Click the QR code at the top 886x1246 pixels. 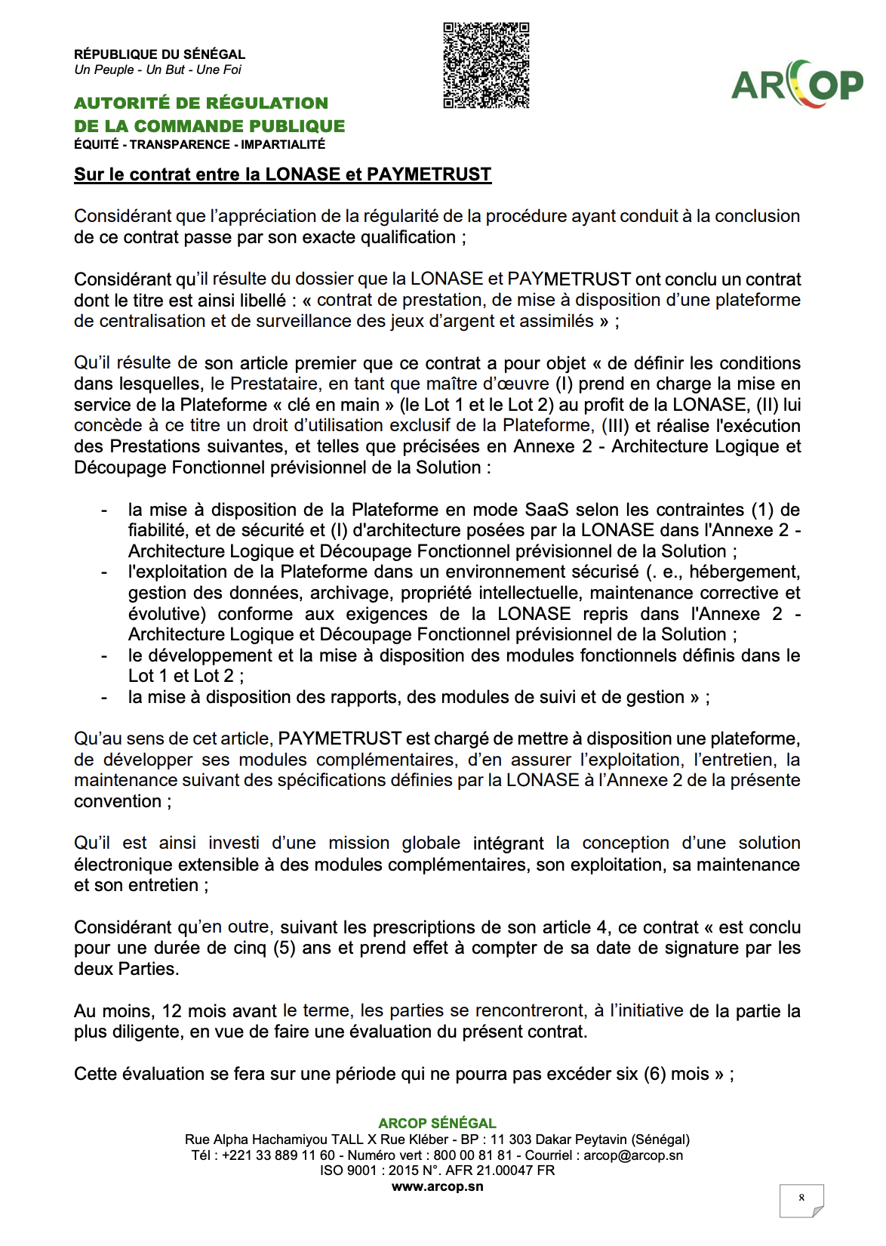click(x=486, y=66)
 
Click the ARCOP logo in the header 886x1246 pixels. click(x=798, y=84)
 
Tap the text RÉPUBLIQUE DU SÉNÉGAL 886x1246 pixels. click(x=159, y=54)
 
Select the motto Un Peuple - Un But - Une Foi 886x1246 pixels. click(x=158, y=70)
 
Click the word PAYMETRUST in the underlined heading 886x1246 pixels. click(x=429, y=174)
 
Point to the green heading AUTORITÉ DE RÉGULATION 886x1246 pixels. click(x=201, y=103)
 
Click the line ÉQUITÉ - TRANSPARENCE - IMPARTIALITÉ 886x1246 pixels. click(x=199, y=144)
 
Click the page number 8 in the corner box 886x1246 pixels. click(x=801, y=1198)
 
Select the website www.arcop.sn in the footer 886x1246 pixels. click(x=437, y=1186)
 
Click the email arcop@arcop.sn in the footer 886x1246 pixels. click(x=633, y=1155)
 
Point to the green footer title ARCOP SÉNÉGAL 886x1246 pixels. click(x=437, y=1124)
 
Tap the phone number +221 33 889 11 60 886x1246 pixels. click(x=278, y=1155)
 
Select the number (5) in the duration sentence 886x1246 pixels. click(x=285, y=948)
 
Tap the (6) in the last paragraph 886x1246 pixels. click(x=655, y=1074)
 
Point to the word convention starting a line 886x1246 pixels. click(x=117, y=801)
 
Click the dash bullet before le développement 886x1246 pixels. click(x=104, y=655)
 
